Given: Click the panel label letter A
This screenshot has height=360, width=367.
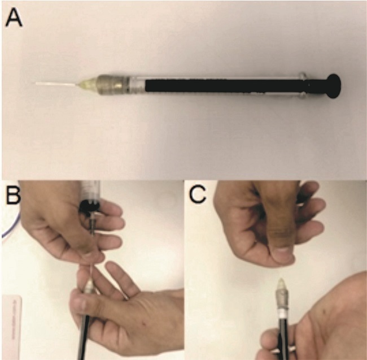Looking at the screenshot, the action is [x=14, y=19].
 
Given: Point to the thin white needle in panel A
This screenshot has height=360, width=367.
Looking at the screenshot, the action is [x=56, y=84].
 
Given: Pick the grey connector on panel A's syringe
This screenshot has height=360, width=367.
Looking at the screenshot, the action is [x=113, y=85].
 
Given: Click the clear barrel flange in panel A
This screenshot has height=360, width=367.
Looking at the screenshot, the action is [x=303, y=85].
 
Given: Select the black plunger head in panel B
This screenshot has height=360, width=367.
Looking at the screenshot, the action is [x=89, y=207].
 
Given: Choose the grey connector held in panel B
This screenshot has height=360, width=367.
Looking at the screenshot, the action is [x=89, y=289].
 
